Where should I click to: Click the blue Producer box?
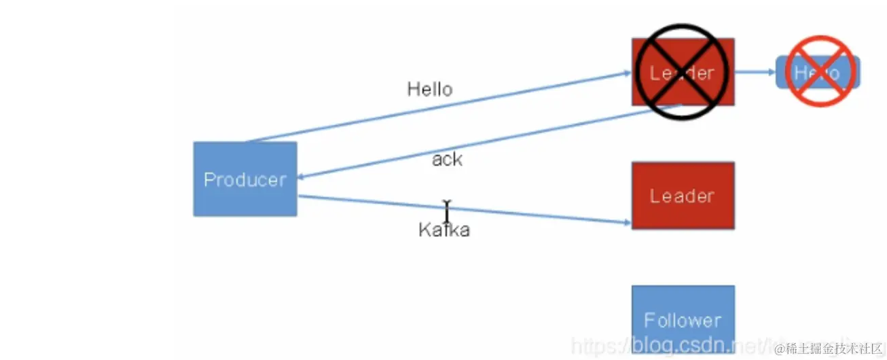tap(245, 179)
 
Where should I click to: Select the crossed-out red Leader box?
tap(683, 71)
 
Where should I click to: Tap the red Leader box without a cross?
tap(683, 196)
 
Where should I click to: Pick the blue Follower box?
tap(683, 319)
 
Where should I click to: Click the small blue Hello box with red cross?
tap(818, 72)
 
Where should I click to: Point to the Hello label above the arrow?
tap(429, 89)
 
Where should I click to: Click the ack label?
tap(447, 160)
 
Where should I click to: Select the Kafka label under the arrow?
tap(444, 230)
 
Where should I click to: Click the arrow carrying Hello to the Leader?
tap(435, 107)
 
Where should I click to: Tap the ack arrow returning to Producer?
tap(489, 142)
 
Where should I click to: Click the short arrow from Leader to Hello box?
tap(755, 71)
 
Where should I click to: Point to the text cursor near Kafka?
tap(446, 212)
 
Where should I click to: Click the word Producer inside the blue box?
tap(245, 180)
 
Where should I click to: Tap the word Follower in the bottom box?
tap(683, 321)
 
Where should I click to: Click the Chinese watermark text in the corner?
tap(833, 349)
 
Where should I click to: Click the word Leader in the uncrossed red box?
tap(683, 196)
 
